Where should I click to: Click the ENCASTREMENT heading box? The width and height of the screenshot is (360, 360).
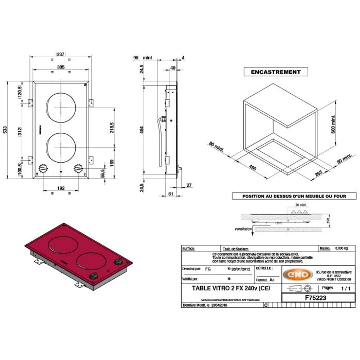275,72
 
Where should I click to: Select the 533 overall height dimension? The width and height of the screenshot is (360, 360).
5,130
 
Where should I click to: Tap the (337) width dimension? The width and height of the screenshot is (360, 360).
60,54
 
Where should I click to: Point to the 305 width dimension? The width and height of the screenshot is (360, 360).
60,67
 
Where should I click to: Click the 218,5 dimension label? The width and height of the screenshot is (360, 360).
112,128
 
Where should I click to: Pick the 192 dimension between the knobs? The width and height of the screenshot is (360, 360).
61,188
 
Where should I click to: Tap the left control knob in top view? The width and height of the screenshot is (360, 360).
43,168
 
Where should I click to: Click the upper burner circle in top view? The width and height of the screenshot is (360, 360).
60,108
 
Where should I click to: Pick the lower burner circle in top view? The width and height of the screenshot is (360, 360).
60,148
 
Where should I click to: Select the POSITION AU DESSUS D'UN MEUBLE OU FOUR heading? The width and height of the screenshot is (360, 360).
294,196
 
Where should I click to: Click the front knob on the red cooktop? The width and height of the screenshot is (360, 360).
94,276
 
